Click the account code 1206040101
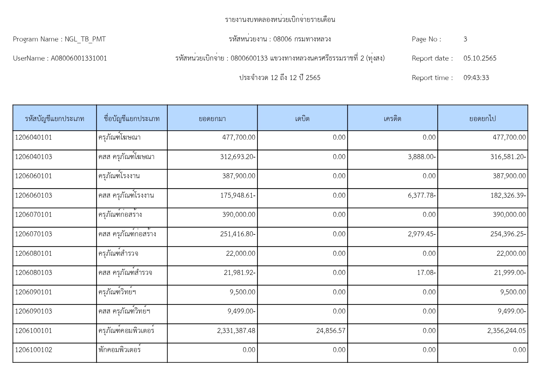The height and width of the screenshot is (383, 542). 33,137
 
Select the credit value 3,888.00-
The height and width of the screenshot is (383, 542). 422,157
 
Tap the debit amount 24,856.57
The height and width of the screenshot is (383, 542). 330,331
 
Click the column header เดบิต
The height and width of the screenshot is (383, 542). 302,119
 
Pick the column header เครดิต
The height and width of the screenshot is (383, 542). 392,119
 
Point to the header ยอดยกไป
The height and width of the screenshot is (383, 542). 482,119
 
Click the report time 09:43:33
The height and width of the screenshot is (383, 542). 476,78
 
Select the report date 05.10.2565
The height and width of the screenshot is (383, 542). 480,58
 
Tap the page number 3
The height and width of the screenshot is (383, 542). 465,39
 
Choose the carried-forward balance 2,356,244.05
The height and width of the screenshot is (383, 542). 506,331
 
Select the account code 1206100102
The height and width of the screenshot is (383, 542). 33,350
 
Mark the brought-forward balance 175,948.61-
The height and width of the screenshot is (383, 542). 237,196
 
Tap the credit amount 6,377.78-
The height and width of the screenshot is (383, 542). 422,196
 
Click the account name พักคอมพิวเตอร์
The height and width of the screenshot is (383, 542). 120,350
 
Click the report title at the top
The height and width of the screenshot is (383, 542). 280,20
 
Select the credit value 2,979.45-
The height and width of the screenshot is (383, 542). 422,234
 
